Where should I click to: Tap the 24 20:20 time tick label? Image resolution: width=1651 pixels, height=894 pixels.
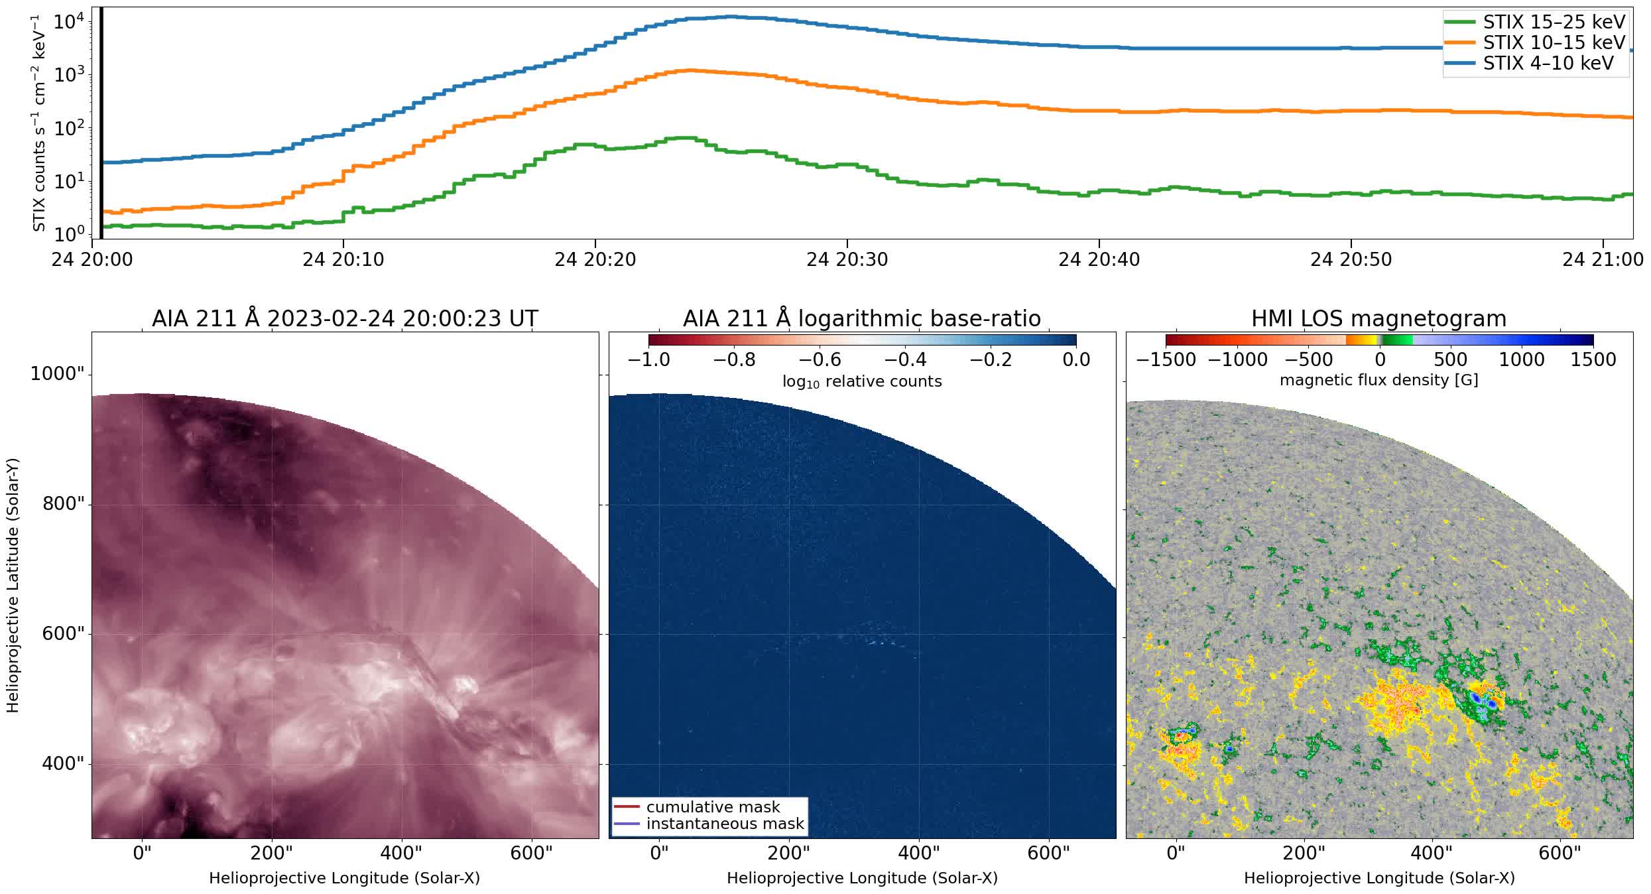[x=595, y=260]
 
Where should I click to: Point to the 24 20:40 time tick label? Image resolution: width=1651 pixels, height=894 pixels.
[x=1099, y=260]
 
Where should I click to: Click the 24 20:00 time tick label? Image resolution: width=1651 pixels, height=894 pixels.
[x=92, y=260]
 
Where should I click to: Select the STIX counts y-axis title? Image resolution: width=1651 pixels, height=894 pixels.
[x=39, y=123]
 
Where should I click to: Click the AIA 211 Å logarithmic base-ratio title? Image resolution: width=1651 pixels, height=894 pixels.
[x=861, y=319]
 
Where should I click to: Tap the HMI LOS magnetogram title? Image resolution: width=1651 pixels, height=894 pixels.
[x=1378, y=319]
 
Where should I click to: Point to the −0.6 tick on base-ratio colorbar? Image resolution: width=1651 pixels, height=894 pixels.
[x=820, y=360]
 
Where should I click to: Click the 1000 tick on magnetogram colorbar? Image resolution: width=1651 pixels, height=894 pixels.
[x=1522, y=360]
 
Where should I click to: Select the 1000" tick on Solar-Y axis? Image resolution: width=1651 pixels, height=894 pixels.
[x=58, y=374]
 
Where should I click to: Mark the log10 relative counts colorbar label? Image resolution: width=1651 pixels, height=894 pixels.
[x=861, y=381]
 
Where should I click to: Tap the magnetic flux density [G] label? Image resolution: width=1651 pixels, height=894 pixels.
[x=1378, y=380]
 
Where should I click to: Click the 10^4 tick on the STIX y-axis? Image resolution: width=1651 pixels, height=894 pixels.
[x=68, y=23]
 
